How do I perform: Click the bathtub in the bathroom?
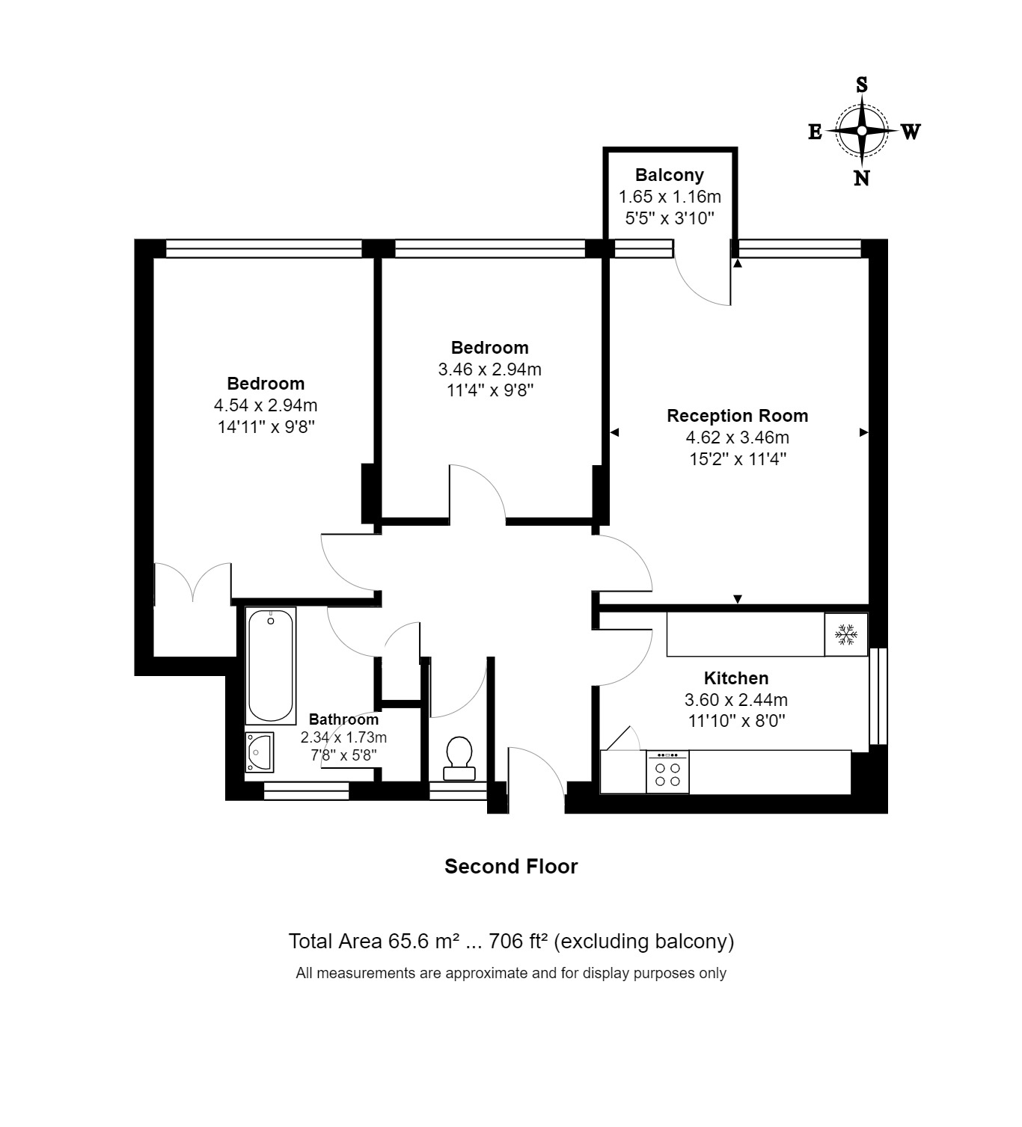tap(271, 666)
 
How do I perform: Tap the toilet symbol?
tap(459, 758)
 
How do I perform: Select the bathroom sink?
tap(259, 752)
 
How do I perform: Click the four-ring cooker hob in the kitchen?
tap(667, 773)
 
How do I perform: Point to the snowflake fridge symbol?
tap(846, 634)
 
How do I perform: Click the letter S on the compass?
tap(862, 85)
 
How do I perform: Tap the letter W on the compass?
tap(911, 132)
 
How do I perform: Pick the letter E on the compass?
tap(815, 132)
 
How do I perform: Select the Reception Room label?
tap(738, 416)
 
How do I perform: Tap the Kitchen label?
tap(736, 678)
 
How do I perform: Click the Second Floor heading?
tap(511, 866)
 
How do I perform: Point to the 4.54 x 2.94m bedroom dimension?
tap(266, 405)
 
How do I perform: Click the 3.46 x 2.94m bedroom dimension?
tap(489, 369)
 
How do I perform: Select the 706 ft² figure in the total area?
tap(518, 941)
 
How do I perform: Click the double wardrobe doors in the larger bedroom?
tap(193, 582)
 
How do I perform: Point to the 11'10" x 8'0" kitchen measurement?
tap(736, 721)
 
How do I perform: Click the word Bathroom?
tap(343, 719)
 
